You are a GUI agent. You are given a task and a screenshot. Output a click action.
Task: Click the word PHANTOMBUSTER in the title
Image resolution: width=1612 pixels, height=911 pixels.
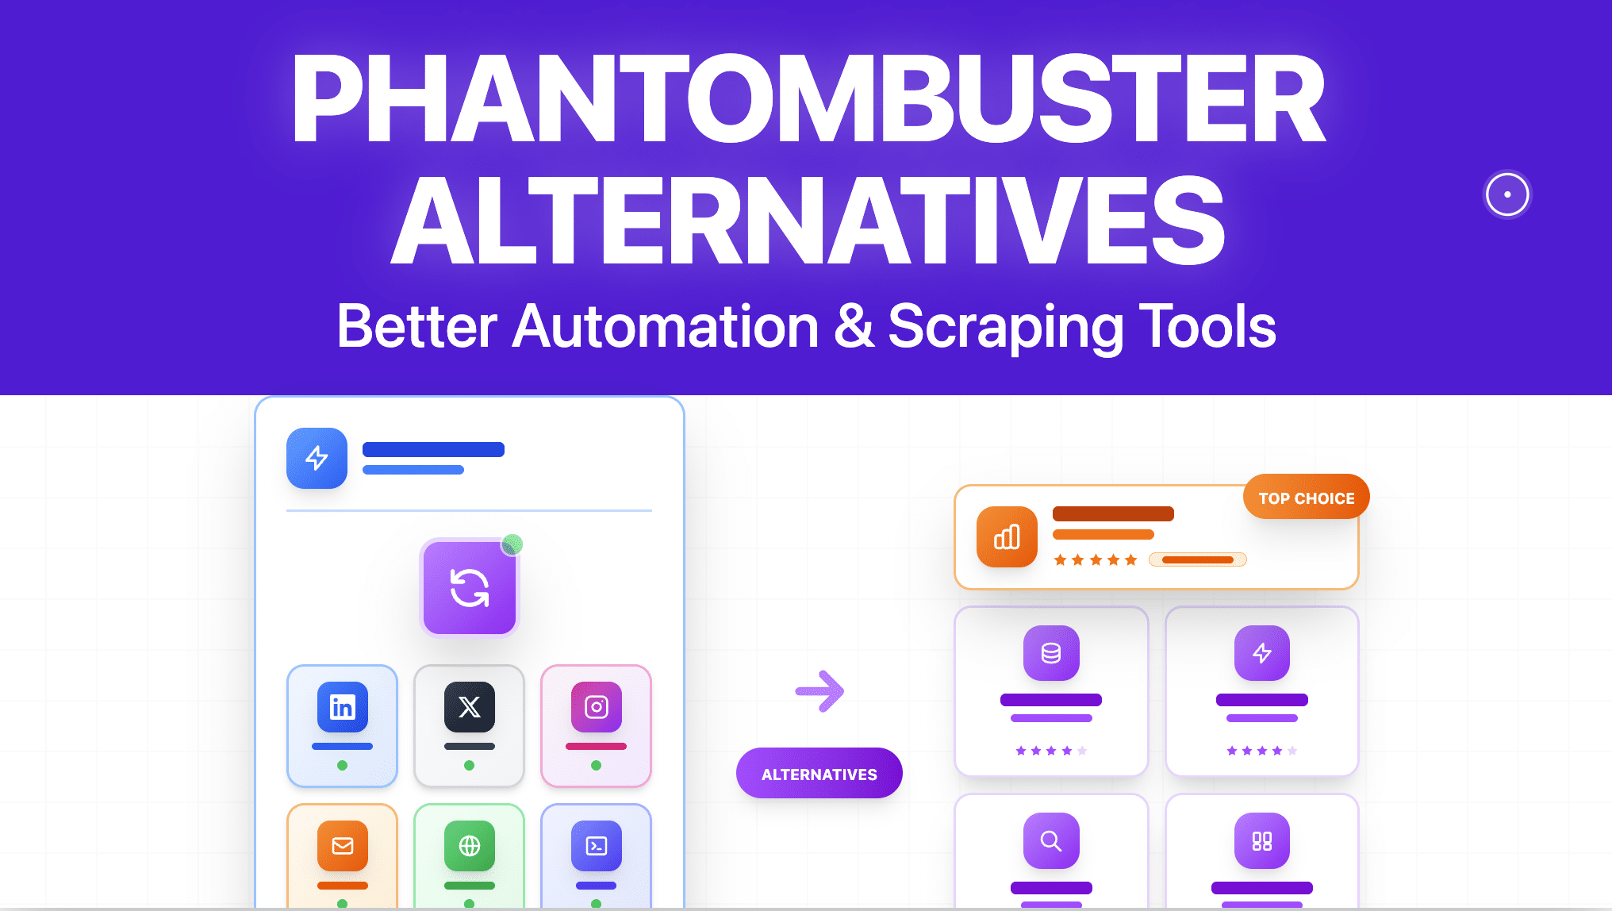click(808, 98)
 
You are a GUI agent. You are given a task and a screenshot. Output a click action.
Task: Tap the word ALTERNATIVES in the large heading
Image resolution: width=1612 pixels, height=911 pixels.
click(808, 221)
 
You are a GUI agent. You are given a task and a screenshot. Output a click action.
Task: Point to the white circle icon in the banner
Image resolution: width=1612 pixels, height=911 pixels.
click(1506, 194)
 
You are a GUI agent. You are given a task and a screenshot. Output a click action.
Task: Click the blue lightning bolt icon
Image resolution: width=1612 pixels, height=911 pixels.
click(317, 458)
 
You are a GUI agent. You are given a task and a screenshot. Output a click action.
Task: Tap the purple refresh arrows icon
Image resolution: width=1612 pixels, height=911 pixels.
click(469, 588)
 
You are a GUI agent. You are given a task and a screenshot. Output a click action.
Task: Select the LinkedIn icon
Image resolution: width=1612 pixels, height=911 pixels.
click(342, 706)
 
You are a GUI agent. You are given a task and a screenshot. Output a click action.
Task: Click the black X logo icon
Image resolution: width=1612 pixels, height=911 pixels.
click(469, 706)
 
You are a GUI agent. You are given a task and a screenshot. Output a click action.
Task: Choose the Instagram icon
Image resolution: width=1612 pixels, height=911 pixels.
click(596, 706)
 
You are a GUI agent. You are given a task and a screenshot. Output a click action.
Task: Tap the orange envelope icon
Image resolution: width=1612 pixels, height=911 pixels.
click(342, 845)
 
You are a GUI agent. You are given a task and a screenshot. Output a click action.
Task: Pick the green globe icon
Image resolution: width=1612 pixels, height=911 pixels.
click(469, 845)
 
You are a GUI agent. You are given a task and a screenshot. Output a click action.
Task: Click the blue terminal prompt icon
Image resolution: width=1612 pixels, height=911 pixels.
click(596, 845)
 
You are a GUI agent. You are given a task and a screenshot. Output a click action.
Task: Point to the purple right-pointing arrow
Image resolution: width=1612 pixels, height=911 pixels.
click(819, 691)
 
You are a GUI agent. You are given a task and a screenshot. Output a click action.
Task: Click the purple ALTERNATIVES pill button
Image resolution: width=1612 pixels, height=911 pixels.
click(819, 774)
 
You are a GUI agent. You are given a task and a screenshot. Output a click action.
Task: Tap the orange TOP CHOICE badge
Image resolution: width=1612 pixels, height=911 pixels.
click(1306, 498)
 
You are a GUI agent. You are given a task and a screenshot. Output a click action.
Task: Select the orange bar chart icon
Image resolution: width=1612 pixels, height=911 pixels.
click(1007, 537)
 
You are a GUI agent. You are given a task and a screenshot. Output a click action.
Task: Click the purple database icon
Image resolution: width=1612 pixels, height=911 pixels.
click(1051, 653)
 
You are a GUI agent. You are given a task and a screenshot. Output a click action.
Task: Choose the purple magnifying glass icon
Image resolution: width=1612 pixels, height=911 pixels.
click(1051, 840)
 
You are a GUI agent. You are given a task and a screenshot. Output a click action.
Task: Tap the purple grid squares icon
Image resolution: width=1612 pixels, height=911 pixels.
click(1261, 840)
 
